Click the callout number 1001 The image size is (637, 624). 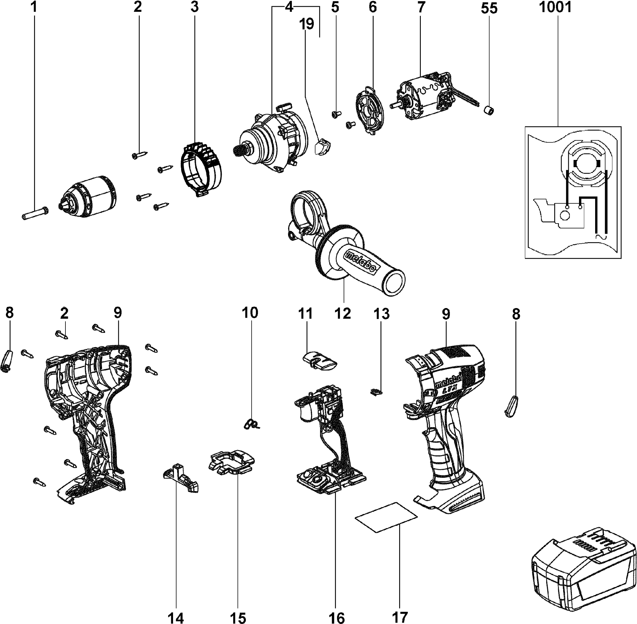(x=555, y=7)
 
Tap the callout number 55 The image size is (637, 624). (x=489, y=8)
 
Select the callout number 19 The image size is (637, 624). (x=306, y=24)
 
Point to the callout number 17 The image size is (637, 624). (x=400, y=617)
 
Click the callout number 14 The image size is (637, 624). (x=176, y=618)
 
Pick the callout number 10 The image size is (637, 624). (x=250, y=313)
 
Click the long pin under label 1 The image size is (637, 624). (x=35, y=213)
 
